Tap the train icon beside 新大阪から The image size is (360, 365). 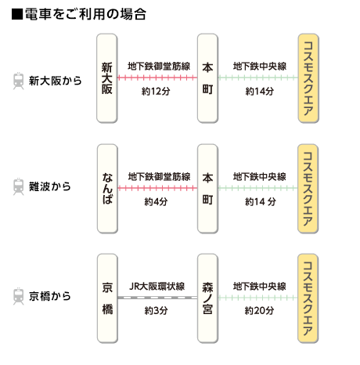click(x=19, y=81)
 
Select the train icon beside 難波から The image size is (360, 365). click(x=19, y=186)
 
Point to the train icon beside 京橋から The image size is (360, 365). click(x=19, y=296)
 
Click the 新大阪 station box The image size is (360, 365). click(x=107, y=78)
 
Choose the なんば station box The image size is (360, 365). click(x=107, y=189)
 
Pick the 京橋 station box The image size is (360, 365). click(x=107, y=298)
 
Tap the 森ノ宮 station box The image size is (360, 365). click(x=207, y=298)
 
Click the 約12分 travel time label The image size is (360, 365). click(x=156, y=92)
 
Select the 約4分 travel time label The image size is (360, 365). click(x=156, y=201)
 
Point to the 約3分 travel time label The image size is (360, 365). click(x=156, y=311)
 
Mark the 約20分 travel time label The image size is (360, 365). click(x=259, y=311)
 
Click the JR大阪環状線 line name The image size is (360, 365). click(x=157, y=287)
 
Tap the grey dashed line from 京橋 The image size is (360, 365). click(x=157, y=298)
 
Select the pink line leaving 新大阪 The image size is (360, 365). click(x=157, y=78)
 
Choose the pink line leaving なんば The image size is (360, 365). click(x=157, y=188)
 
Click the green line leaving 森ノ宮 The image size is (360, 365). click(x=257, y=298)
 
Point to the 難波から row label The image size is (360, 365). click(x=50, y=186)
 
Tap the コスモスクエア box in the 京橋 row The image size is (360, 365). click(x=308, y=298)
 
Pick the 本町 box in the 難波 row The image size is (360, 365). click(x=207, y=189)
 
